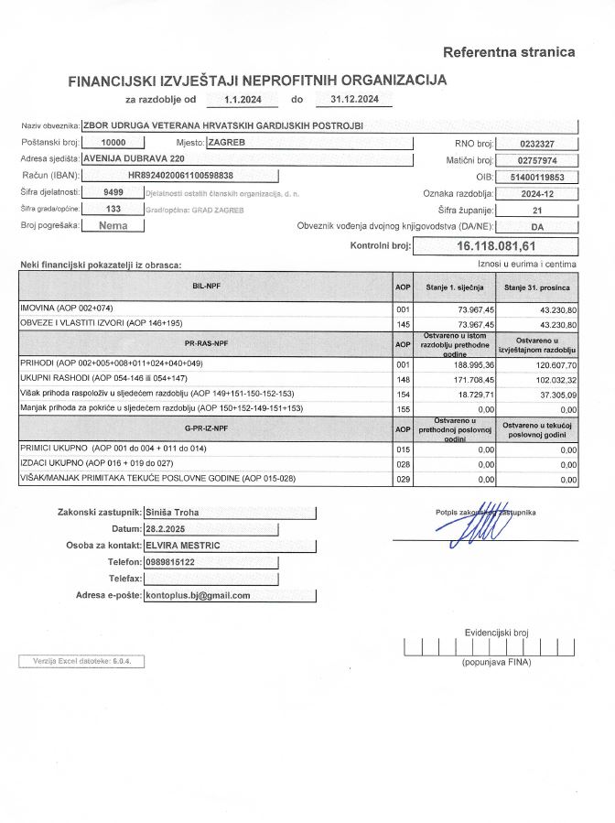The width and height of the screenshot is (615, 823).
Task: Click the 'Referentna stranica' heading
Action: [x=509, y=51]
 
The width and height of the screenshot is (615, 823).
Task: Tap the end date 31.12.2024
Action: [x=353, y=99]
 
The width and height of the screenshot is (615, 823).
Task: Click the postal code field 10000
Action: [x=113, y=143]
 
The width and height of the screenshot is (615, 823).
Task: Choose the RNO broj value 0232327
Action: [x=535, y=144]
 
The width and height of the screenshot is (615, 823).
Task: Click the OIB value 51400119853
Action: [x=535, y=177]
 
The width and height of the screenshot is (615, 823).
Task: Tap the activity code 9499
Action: [x=113, y=192]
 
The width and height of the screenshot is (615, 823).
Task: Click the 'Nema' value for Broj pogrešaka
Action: [x=113, y=225]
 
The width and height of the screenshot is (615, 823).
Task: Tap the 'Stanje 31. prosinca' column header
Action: [x=538, y=288]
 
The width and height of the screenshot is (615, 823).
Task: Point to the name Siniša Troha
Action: [x=173, y=514]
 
